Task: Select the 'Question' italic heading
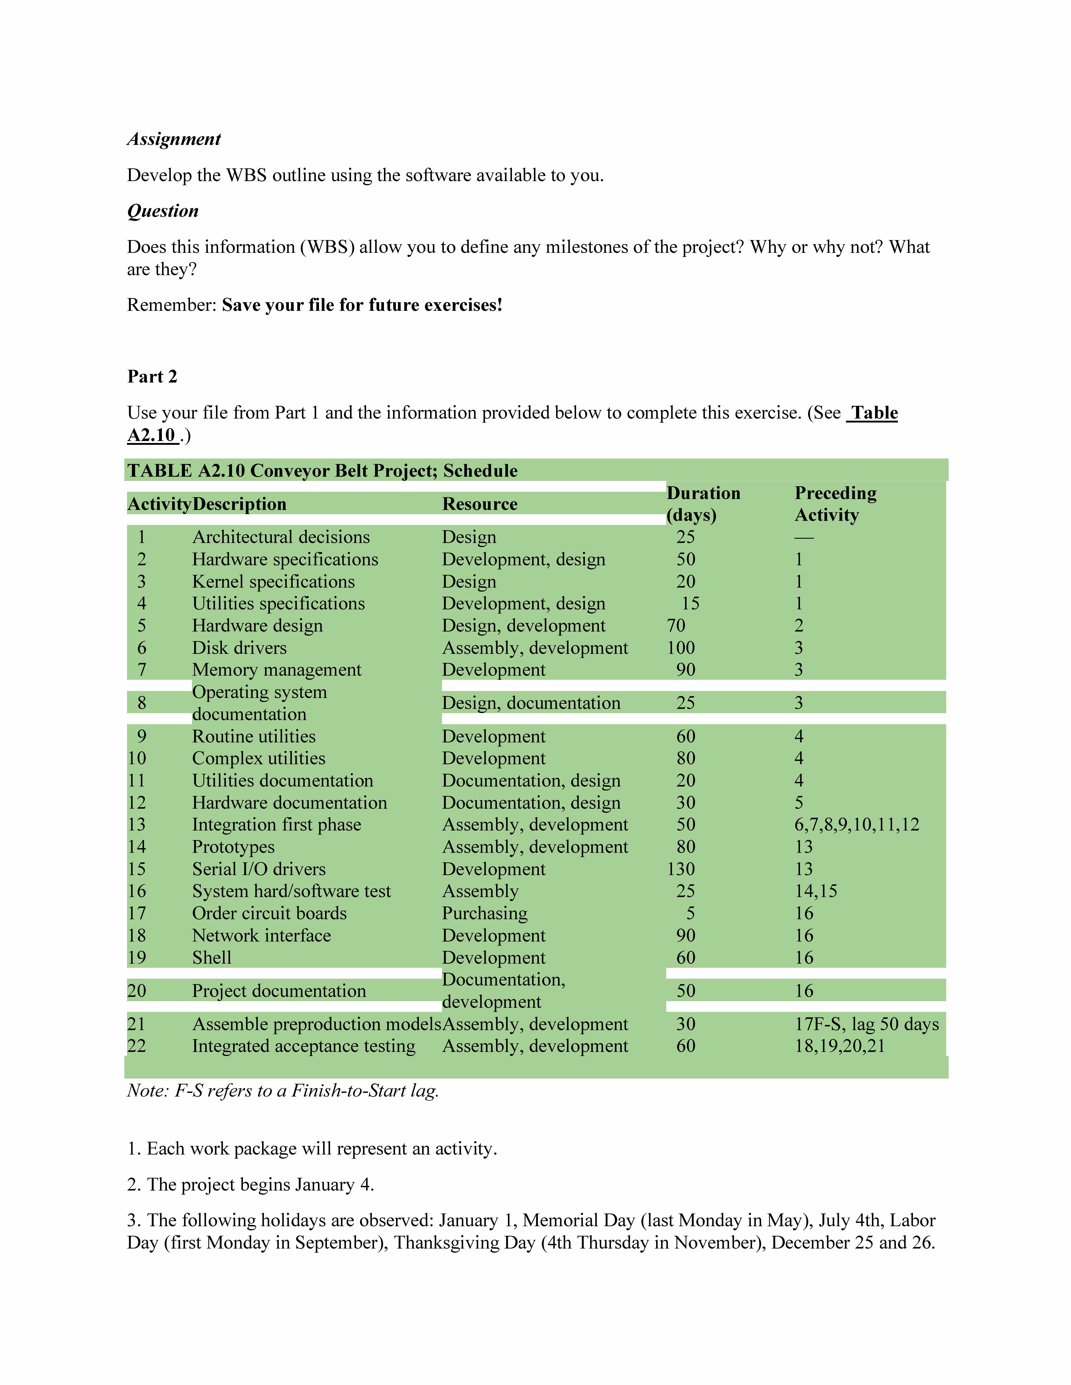(163, 211)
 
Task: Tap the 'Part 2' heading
(152, 377)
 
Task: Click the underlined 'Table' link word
(874, 413)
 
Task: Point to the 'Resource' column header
(480, 504)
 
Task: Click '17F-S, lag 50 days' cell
(867, 1024)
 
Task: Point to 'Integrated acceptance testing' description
(303, 1046)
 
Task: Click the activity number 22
(136, 1046)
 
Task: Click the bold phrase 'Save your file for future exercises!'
(362, 305)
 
